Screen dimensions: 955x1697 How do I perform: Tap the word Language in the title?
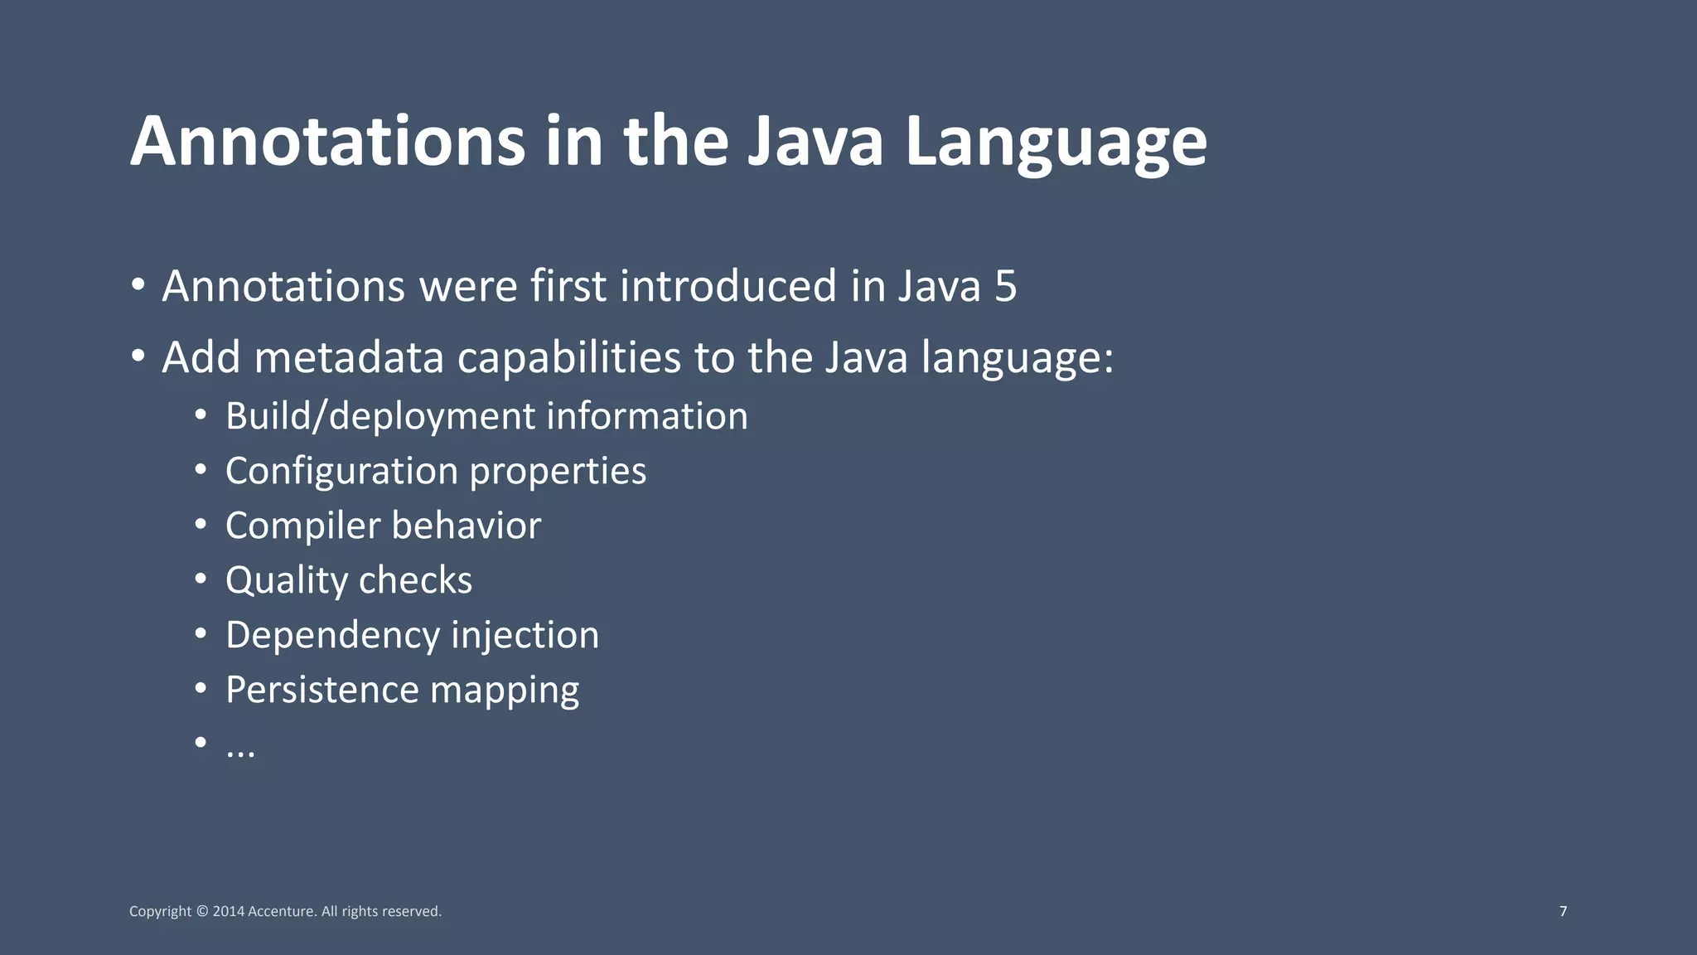(x=1056, y=143)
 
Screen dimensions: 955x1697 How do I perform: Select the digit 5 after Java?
(x=1005, y=286)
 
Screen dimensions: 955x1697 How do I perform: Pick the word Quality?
(x=286, y=581)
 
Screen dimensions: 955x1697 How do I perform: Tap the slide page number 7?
(x=1563, y=911)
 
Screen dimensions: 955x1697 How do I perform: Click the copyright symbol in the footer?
(x=202, y=912)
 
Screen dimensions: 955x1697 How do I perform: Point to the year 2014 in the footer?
(x=228, y=912)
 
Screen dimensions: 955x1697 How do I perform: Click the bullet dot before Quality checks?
(x=201, y=579)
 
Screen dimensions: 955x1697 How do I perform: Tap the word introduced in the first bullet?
(x=728, y=286)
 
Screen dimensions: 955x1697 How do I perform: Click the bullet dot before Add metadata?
(x=138, y=356)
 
